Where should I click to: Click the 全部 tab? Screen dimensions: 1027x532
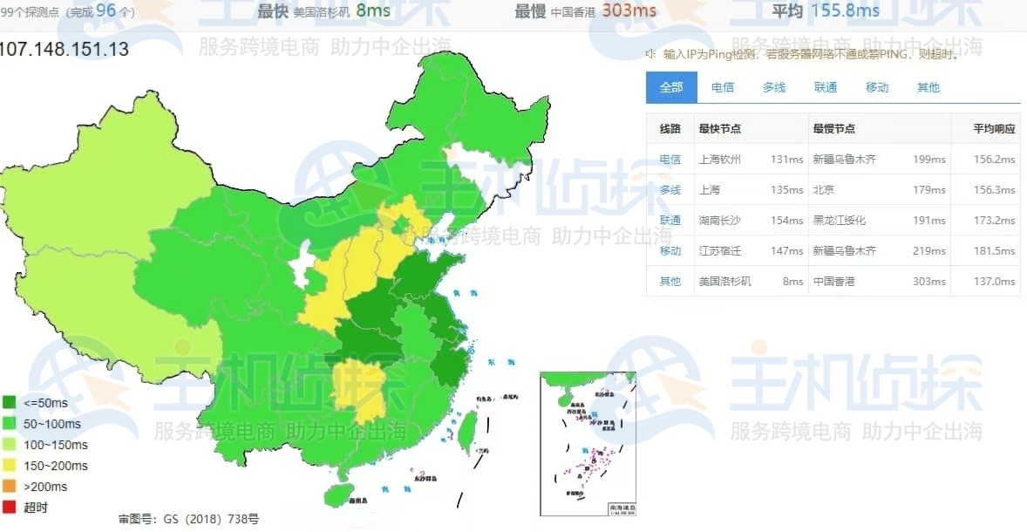[x=671, y=87]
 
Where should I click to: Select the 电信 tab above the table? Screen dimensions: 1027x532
[x=723, y=87]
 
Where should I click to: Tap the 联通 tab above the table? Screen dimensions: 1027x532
[x=826, y=87]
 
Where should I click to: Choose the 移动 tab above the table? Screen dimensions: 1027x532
[x=877, y=87]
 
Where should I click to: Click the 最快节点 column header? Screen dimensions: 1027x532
[x=720, y=128]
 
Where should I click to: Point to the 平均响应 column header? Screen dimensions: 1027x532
[x=995, y=128]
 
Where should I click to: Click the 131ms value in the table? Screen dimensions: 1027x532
[x=786, y=160]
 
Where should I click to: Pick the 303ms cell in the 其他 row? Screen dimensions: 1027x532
[x=928, y=282]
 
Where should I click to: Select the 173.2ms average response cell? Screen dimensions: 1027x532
[x=994, y=221]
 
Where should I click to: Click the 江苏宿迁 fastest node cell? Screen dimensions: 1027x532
[x=720, y=251]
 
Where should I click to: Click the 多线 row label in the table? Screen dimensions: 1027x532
[x=670, y=190]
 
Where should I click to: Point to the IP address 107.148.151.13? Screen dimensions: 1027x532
[x=65, y=50]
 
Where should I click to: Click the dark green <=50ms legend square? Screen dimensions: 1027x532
[x=10, y=403]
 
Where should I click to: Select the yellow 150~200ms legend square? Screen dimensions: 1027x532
[x=10, y=466]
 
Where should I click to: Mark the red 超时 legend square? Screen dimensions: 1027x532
[x=10, y=508]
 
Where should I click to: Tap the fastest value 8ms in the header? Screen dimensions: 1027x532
[x=373, y=10]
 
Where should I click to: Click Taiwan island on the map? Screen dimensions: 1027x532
[x=468, y=427]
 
